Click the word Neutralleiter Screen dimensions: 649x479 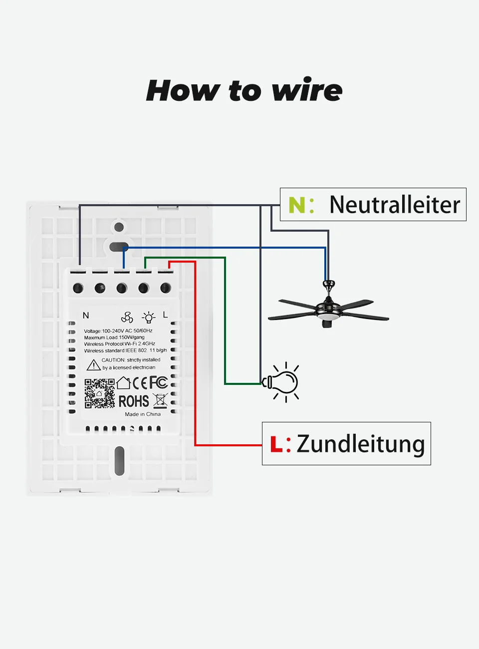395,205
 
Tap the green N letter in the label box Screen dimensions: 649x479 296,205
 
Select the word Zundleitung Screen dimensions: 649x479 360,444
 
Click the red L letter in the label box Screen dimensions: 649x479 275,444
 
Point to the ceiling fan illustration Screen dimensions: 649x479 328,307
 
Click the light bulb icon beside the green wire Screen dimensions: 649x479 282,382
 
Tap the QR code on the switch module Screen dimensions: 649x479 99,393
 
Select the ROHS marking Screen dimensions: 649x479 133,401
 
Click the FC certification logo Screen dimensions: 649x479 159,383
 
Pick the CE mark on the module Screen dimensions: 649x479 140,383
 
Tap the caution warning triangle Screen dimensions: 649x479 93,365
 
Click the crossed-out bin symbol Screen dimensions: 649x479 160,400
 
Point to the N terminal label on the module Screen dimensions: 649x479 86,316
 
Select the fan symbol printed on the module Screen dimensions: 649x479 127,317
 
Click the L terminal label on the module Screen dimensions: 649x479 165,315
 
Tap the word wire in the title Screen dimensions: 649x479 307,91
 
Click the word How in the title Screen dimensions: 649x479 183,91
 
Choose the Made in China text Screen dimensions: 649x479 143,414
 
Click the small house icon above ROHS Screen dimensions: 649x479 123,383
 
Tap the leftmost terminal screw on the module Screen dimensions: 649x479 78,288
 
